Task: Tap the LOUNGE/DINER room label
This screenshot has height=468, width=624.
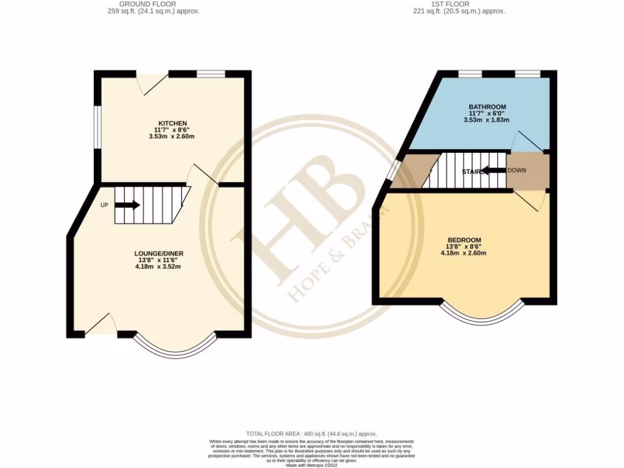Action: tap(158, 253)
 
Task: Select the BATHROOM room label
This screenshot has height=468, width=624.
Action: tap(487, 107)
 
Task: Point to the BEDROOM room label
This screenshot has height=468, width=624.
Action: tap(464, 239)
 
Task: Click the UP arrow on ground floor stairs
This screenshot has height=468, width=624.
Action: tap(127, 205)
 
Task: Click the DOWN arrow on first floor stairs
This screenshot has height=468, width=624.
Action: tap(494, 171)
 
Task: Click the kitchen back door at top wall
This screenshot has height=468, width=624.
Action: tap(152, 83)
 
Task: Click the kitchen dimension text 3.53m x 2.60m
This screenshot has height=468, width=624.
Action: tap(172, 136)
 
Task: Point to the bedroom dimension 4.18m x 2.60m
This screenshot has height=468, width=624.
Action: tap(464, 253)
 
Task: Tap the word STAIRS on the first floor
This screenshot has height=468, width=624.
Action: tap(473, 172)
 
